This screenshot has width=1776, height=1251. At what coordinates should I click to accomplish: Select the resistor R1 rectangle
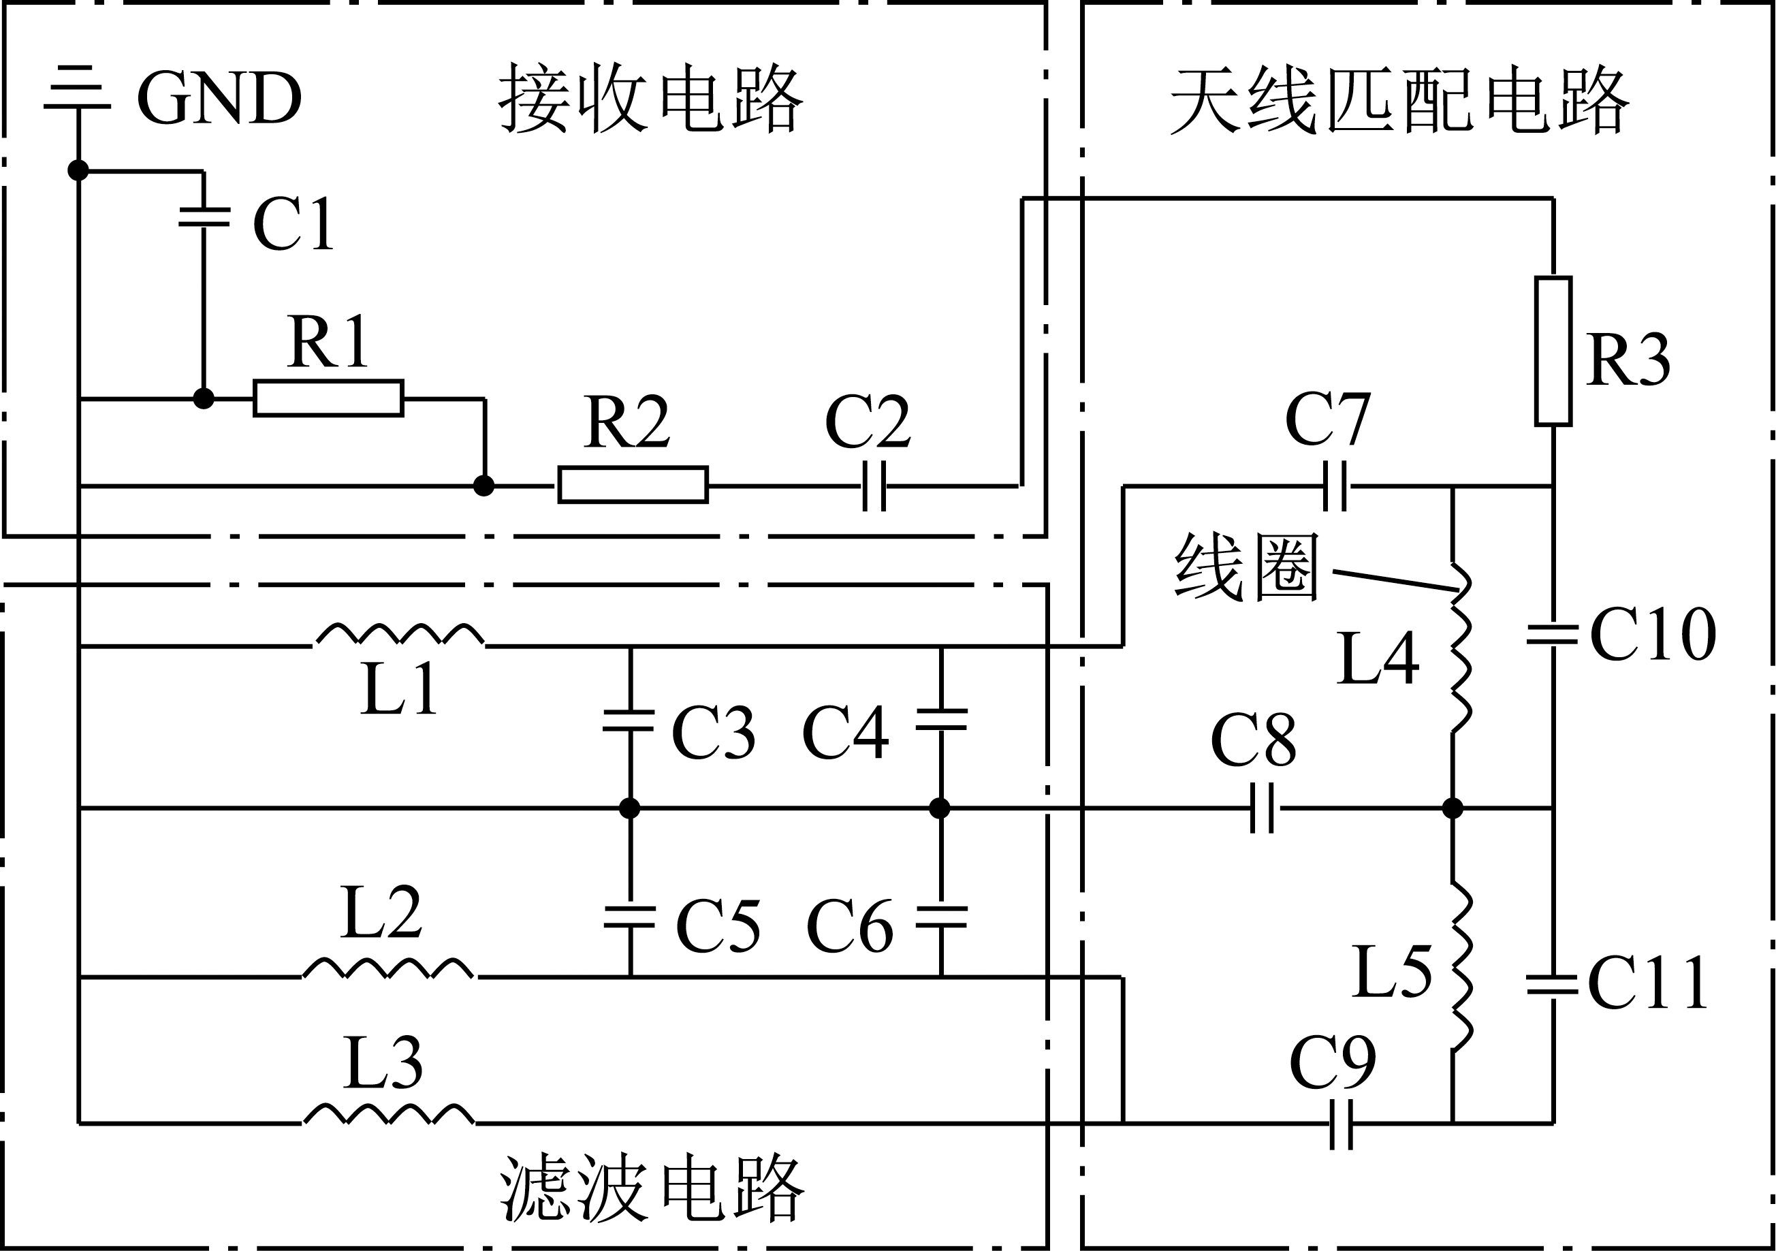(328, 398)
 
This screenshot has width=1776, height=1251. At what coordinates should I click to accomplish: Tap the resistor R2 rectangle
(633, 485)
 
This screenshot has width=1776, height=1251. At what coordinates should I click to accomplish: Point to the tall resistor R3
(1553, 351)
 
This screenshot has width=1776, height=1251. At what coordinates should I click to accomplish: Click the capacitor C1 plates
(204, 217)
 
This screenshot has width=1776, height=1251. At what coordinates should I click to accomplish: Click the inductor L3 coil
(388, 1114)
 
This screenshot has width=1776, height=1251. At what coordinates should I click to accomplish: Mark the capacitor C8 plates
(1263, 808)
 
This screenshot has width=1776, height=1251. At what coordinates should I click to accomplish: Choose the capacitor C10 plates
(1553, 636)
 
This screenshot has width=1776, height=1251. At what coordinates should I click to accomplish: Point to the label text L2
(381, 913)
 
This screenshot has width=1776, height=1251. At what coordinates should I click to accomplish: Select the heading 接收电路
(650, 99)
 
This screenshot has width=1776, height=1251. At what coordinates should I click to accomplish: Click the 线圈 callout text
(1246, 567)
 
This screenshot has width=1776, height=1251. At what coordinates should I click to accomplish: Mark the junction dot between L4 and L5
(1453, 808)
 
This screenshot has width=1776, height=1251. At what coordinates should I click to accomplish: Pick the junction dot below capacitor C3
(630, 808)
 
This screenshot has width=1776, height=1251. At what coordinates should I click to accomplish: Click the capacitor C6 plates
(940, 917)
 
